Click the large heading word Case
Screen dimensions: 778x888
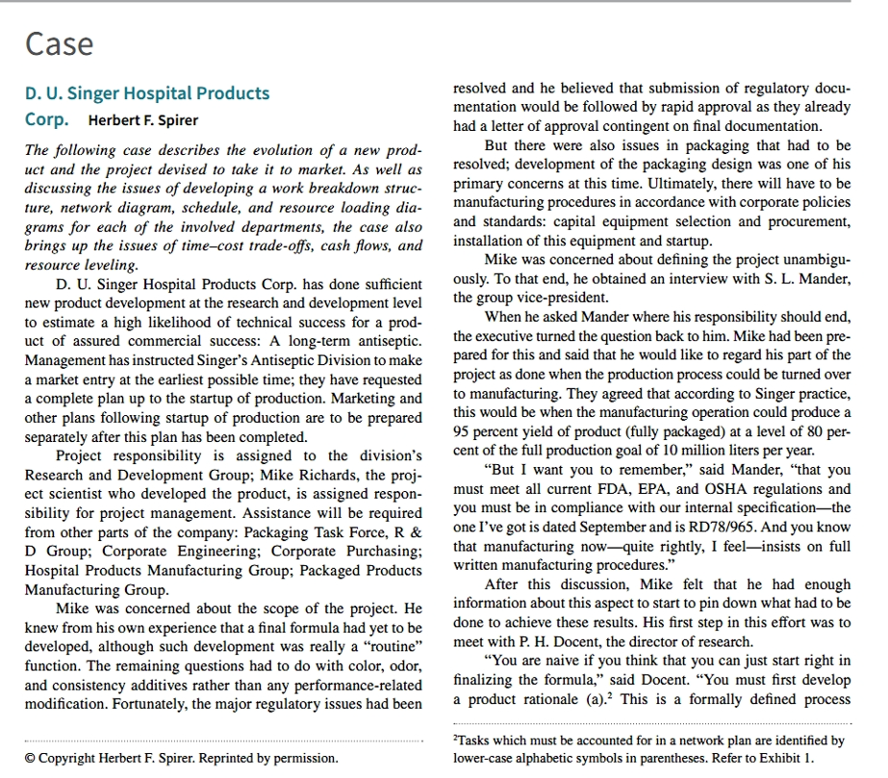click(x=59, y=44)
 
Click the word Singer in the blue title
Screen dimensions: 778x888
click(x=123, y=93)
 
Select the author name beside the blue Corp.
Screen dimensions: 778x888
click(x=143, y=120)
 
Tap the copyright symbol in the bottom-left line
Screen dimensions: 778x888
click(x=31, y=758)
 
